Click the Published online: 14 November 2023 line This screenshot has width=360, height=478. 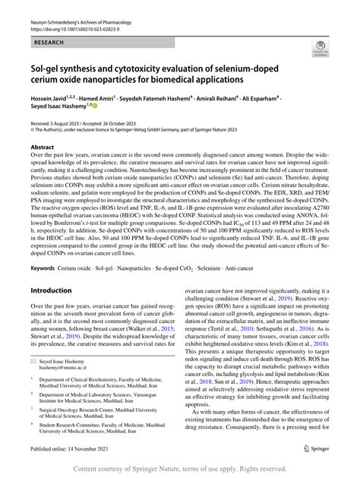coord(72,449)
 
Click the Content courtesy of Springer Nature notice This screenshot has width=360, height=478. coord(179,468)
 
